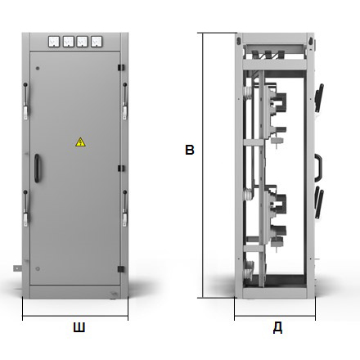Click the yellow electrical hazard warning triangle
pyautogui.click(x=80, y=142)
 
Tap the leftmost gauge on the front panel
pyautogui.click(x=54, y=42)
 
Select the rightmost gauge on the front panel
pyautogui.click(x=97, y=42)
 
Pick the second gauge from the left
pyautogui.click(x=69, y=42)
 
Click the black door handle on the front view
pyautogui.click(x=37, y=168)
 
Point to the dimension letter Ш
pyautogui.click(x=79, y=327)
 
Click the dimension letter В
pyautogui.click(x=190, y=150)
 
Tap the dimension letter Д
pyautogui.click(x=277, y=327)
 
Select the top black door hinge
pyautogui.click(x=121, y=67)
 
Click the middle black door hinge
pyautogui.click(x=121, y=169)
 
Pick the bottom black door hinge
pyautogui.click(x=121, y=269)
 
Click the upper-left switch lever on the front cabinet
pyautogui.click(x=25, y=101)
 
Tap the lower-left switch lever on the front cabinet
pyautogui.click(x=25, y=209)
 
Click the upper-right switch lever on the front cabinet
pyautogui.click(x=125, y=101)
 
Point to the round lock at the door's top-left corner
pyautogui.click(x=38, y=68)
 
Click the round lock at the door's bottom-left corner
pyautogui.click(x=38, y=268)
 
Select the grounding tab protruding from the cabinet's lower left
pyautogui.click(x=17, y=268)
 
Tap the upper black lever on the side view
pyautogui.click(x=319, y=97)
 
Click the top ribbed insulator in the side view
pyautogui.click(x=248, y=93)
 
